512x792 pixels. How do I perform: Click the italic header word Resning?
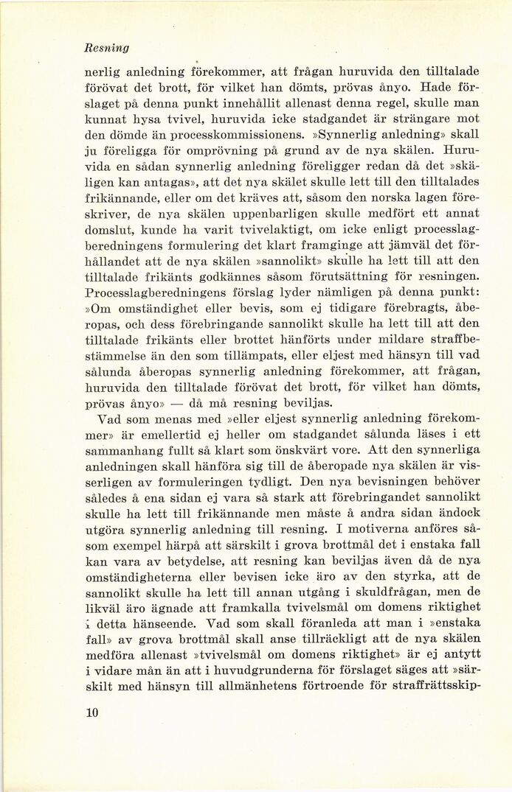pyautogui.click(x=107, y=48)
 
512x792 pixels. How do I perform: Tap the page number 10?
pyautogui.click(x=93, y=712)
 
